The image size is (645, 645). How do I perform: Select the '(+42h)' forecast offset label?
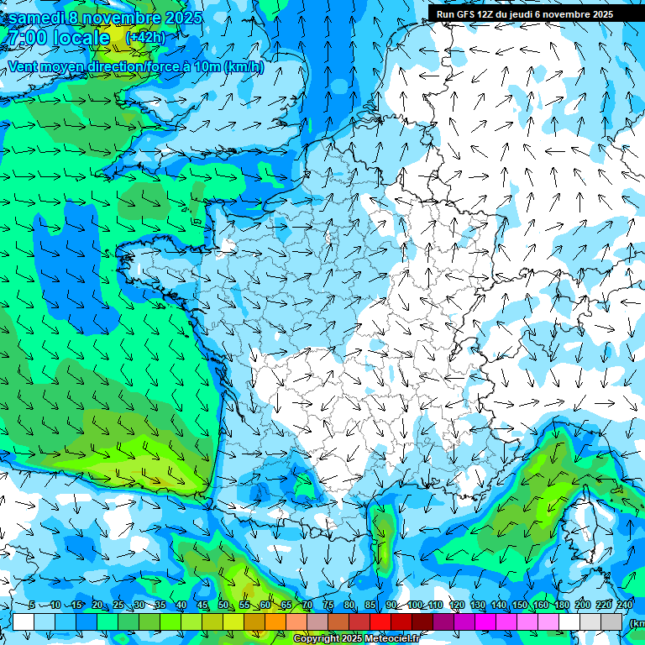point(145,38)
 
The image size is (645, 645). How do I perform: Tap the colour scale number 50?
point(223,606)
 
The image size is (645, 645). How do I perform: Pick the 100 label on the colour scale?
point(414,606)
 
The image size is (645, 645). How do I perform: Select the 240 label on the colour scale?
point(624,606)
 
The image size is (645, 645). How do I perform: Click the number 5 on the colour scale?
point(31,606)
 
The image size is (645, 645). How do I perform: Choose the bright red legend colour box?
point(380,621)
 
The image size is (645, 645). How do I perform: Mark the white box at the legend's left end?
point(24,621)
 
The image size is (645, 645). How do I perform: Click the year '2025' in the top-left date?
point(184,18)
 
